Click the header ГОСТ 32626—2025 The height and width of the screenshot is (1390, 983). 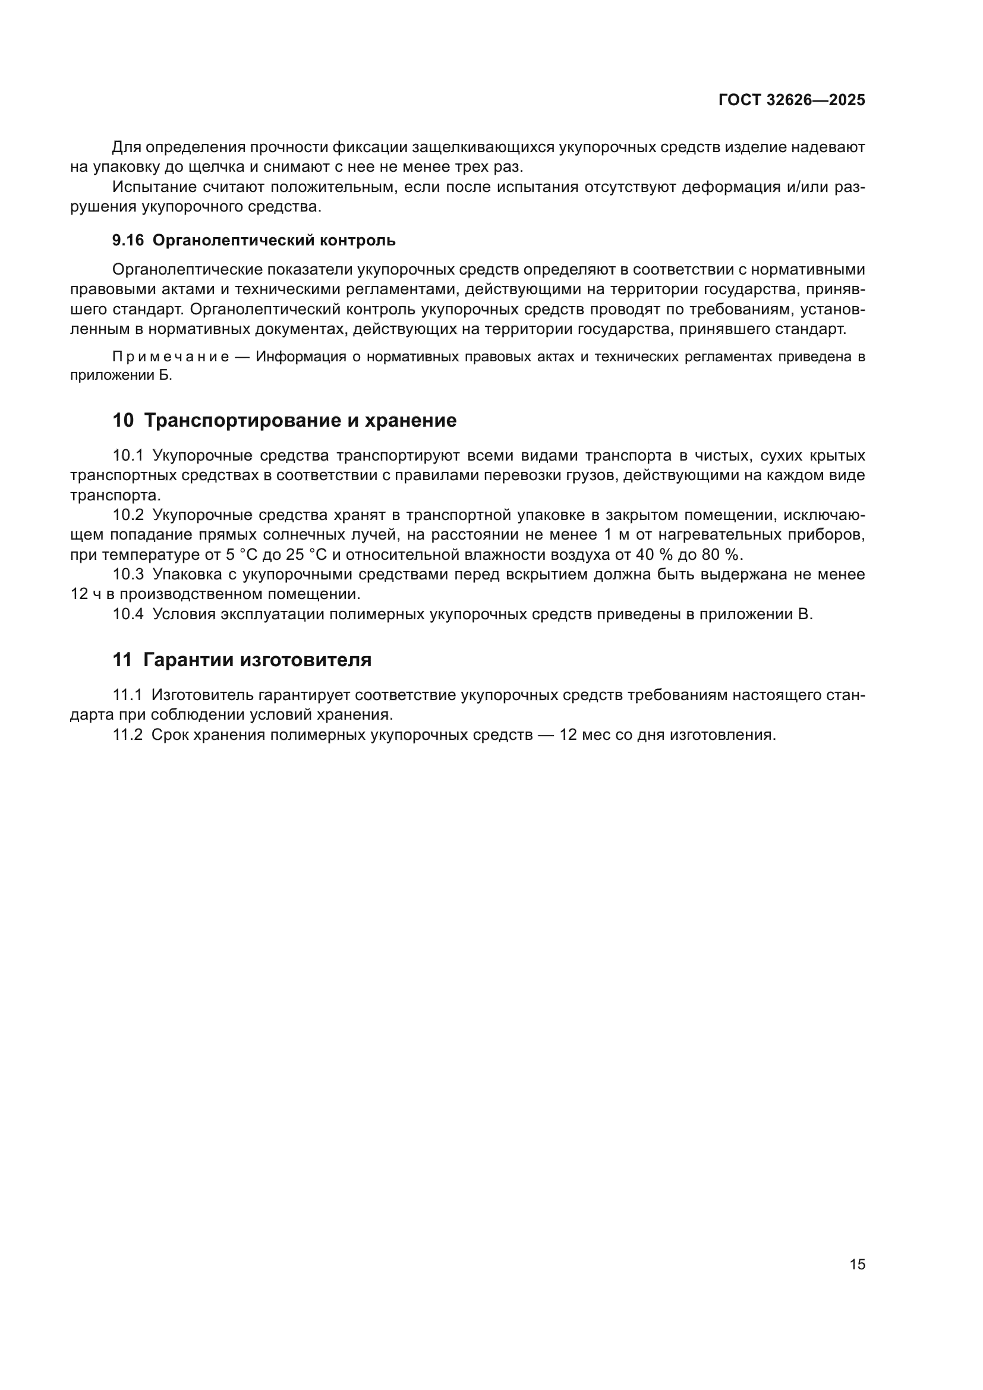pos(792,100)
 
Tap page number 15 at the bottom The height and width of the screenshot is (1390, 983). pos(857,1264)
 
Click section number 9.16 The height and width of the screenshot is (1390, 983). pos(128,240)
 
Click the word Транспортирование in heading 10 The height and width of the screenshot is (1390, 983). pos(242,420)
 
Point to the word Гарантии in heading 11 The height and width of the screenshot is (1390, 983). pos(189,660)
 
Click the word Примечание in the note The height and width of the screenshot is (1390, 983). pos(171,357)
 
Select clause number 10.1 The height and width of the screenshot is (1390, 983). pos(128,455)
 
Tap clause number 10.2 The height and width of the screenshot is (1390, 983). pos(128,515)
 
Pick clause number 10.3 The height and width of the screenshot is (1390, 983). pos(128,574)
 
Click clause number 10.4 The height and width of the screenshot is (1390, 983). pos(128,614)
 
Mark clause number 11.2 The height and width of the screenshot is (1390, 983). pos(127,735)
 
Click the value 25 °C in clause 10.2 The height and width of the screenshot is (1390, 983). pos(303,554)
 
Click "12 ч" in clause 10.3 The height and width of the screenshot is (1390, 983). pos(87,594)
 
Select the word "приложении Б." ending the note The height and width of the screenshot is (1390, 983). pos(121,376)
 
